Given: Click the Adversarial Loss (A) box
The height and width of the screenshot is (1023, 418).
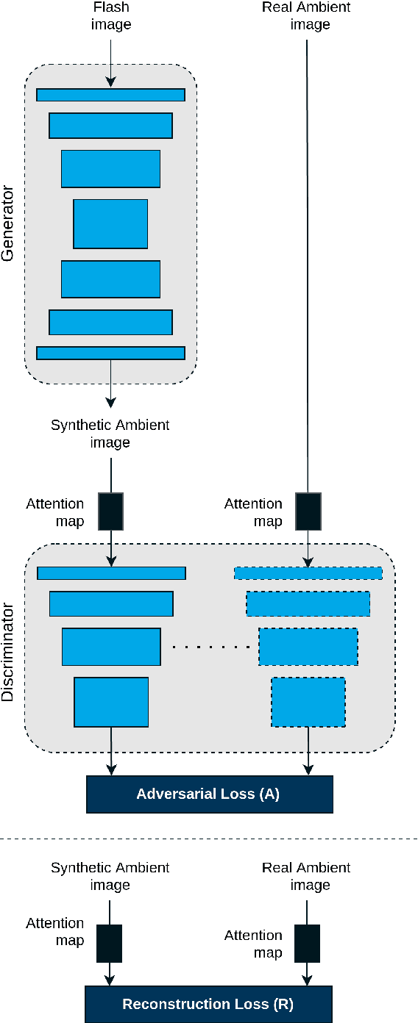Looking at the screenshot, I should (209, 794).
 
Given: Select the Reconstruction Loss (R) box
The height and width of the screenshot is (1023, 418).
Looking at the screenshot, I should (208, 1004).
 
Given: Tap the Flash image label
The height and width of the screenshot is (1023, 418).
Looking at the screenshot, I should (110, 16).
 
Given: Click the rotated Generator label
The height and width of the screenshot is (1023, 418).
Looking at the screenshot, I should (8, 224).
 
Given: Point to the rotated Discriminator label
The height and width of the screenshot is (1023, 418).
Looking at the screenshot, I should (8, 652).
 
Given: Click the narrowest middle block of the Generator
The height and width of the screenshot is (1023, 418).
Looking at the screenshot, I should (110, 223).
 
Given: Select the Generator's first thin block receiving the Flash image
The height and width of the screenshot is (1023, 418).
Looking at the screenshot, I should (110, 95).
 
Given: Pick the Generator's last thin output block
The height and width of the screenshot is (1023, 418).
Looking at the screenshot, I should (110, 353).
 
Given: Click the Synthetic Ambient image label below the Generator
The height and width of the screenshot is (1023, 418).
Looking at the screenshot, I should (110, 434).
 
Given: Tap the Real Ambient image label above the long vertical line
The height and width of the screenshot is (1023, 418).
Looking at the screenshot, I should (307, 16).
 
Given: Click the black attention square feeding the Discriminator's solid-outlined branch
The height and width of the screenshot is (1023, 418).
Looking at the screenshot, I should (110, 511).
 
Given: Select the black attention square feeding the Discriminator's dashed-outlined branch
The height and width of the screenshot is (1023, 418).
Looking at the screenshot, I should (308, 511).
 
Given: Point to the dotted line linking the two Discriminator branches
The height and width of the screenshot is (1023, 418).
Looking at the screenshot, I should (209, 647).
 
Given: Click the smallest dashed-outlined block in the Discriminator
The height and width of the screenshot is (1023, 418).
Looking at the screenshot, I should (308, 702).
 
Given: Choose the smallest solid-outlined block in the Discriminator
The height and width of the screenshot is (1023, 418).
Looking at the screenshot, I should (111, 702).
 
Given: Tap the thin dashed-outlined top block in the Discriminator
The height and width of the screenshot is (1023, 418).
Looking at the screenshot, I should (308, 573).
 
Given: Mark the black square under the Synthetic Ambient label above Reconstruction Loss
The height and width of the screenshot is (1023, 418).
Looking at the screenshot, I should (110, 944).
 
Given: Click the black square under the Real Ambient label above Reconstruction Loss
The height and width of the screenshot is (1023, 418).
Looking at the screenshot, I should (307, 944).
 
